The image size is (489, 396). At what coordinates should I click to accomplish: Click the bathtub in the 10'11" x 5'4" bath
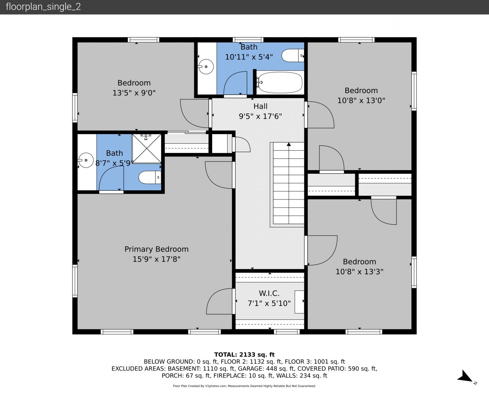[x=279, y=82]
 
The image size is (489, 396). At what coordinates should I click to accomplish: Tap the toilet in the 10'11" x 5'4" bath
[x=293, y=55]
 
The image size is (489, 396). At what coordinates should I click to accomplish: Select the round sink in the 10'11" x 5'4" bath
[x=206, y=67]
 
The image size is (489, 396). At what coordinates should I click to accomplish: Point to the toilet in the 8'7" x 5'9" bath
[x=150, y=177]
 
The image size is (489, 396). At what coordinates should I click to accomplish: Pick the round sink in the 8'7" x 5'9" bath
[x=86, y=160]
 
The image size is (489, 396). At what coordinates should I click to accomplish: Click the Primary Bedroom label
[x=156, y=249]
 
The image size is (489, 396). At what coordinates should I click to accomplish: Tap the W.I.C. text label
[x=269, y=293]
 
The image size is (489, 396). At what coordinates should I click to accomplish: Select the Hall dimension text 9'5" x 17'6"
[x=260, y=116]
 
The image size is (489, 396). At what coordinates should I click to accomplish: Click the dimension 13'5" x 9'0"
[x=134, y=93]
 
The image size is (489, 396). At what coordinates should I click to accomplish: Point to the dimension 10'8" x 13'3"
[x=360, y=272]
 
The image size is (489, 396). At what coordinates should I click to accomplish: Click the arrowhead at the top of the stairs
[x=289, y=144]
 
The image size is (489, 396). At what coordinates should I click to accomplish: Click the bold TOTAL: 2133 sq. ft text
[x=245, y=355]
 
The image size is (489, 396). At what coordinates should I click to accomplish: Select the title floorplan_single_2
[x=43, y=7]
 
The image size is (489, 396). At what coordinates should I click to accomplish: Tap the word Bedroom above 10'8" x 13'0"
[x=361, y=91]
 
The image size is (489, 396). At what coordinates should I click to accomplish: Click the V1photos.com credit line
[x=244, y=386]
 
